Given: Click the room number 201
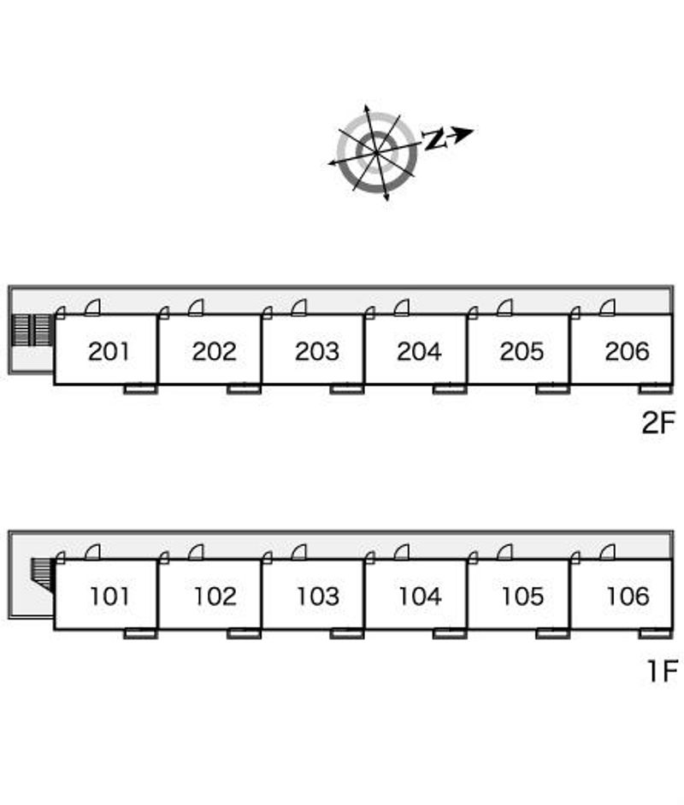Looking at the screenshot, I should pyautogui.click(x=109, y=351).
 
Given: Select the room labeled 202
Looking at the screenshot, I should pyautogui.click(x=214, y=351).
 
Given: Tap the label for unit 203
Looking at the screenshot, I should pyautogui.click(x=316, y=351).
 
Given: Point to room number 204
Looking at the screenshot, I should pyautogui.click(x=419, y=351).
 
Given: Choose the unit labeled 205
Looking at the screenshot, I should pyautogui.click(x=522, y=351).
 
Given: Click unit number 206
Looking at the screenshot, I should pyautogui.click(x=627, y=351).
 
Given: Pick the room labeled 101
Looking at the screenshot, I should pyautogui.click(x=109, y=596).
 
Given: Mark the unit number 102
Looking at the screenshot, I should pyautogui.click(x=214, y=596).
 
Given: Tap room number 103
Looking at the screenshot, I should pyautogui.click(x=317, y=596).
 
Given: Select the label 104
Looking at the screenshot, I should pyautogui.click(x=419, y=596).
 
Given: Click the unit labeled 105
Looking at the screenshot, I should pyautogui.click(x=522, y=596).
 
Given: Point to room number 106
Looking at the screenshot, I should pyautogui.click(x=628, y=596).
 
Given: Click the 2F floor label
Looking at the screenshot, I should pyautogui.click(x=658, y=422).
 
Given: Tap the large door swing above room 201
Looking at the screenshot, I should pyautogui.click(x=92, y=307).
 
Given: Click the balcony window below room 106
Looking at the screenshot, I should pyautogui.click(x=656, y=633).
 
